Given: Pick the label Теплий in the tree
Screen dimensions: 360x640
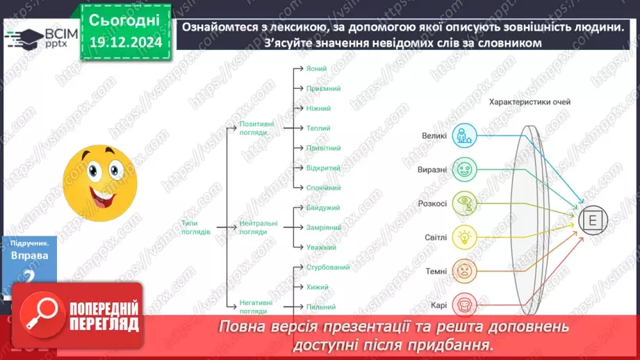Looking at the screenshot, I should (318, 128).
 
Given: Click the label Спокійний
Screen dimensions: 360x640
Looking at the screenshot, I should (323, 188).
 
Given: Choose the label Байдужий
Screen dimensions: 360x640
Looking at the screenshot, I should (323, 208).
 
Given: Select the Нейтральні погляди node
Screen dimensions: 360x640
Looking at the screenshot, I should (258, 227).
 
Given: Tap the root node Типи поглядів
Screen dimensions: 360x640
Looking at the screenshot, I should (195, 227).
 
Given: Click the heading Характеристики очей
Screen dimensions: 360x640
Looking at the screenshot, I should (530, 102).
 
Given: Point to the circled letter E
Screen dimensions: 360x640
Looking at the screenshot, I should (592, 221).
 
